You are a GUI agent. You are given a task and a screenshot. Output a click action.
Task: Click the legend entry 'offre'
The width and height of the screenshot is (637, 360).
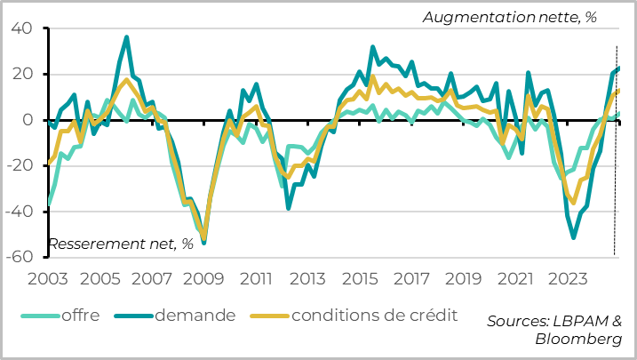click(80, 315)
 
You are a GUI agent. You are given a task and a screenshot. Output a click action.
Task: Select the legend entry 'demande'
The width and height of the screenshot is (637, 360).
click(195, 315)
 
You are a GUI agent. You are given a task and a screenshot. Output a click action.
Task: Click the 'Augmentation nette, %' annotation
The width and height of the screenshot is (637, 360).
click(509, 17)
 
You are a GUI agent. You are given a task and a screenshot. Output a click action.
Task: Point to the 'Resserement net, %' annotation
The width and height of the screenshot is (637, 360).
click(120, 244)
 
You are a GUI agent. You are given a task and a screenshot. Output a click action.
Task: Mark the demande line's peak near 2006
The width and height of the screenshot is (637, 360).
click(126, 37)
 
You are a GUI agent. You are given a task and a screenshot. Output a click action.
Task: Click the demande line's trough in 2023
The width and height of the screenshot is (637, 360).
click(574, 237)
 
